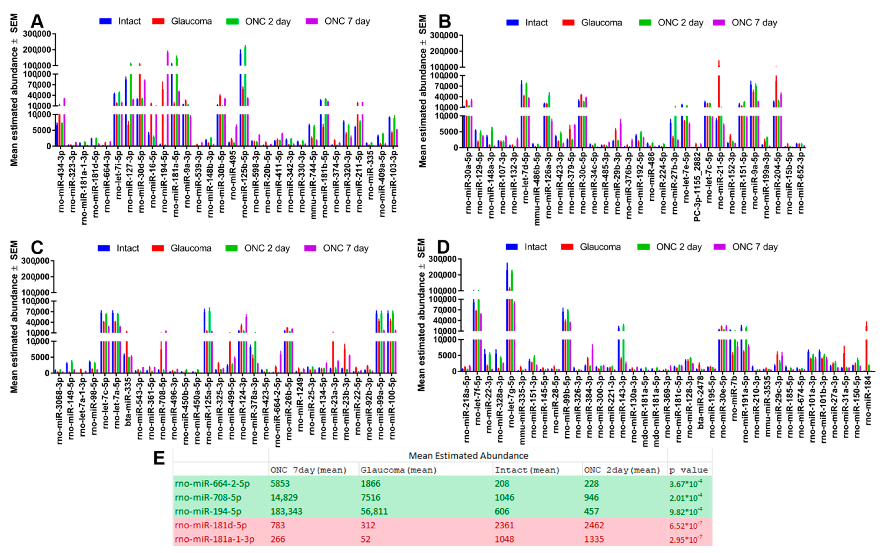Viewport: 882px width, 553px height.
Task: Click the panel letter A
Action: coord(37,21)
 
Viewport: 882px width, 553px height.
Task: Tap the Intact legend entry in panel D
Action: coord(535,247)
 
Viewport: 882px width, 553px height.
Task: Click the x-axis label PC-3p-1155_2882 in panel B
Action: coord(697,186)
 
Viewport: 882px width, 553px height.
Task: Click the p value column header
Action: coord(688,470)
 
